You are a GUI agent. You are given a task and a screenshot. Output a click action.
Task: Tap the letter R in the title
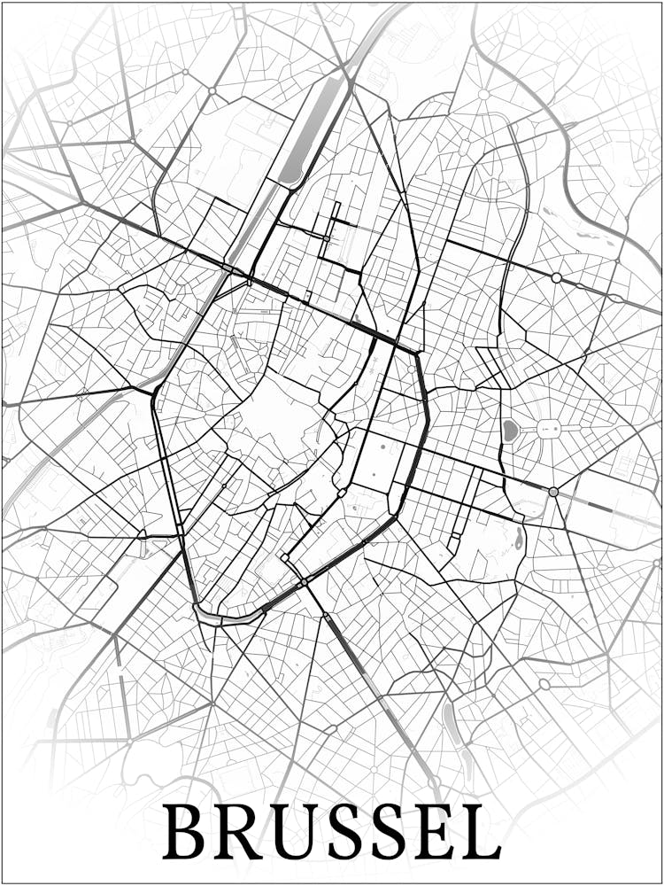[239, 833]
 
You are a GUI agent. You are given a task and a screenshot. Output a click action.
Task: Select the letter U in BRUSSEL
[297, 833]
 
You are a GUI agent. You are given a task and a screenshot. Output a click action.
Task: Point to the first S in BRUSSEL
[348, 833]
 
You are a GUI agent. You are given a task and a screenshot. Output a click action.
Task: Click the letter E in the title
[438, 833]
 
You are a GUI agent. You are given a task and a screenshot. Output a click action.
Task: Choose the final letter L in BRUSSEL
[483, 833]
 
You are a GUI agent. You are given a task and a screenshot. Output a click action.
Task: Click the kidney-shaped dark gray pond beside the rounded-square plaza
[510, 431]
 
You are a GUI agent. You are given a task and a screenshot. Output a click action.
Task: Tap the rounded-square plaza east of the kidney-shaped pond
[549, 429]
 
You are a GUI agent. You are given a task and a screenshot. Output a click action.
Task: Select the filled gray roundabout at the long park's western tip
[553, 492]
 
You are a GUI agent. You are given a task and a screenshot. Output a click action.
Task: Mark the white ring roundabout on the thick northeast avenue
[556, 278]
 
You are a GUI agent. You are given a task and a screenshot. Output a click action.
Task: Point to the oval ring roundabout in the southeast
[544, 684]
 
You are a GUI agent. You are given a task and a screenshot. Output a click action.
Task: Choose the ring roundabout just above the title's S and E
[435, 782]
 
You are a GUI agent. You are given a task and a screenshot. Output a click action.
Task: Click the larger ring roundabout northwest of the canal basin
[212, 91]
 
